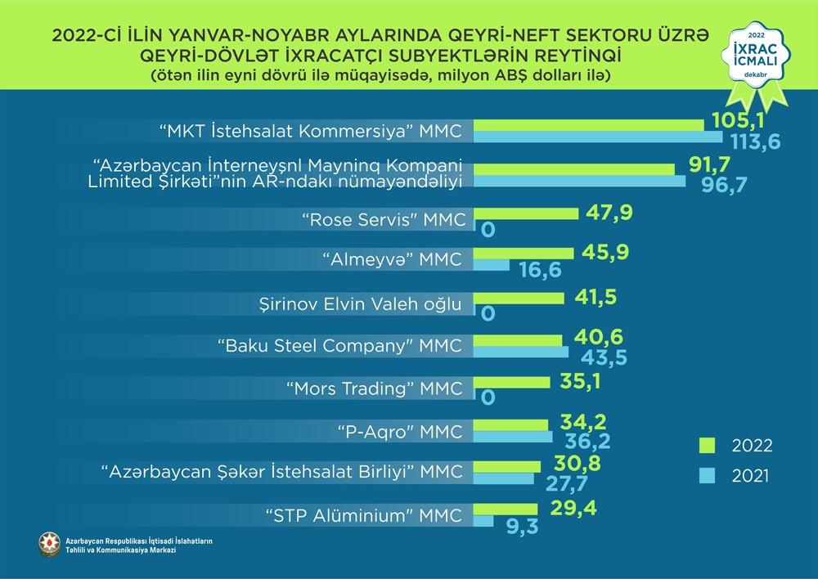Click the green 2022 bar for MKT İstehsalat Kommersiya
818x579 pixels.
coord(589,124)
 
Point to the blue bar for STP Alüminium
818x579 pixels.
coord(483,521)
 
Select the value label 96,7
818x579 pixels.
coord(725,184)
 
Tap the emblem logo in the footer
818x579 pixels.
coord(50,544)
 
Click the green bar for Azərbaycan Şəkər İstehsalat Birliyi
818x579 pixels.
coord(507,466)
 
